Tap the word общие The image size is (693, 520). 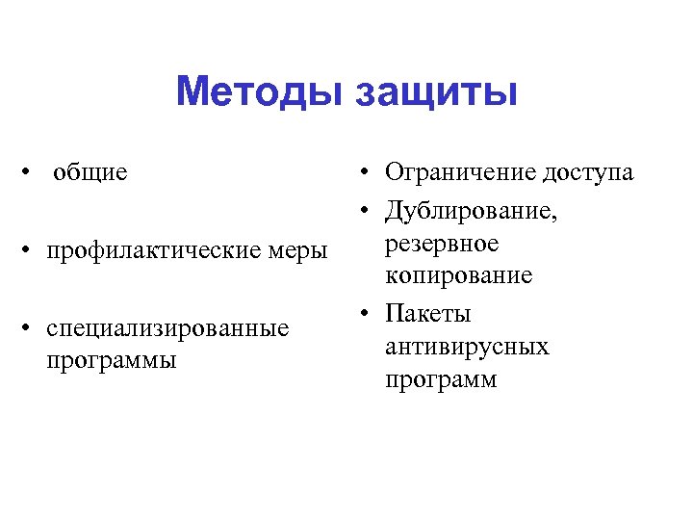(90, 173)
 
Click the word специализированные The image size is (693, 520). (167, 329)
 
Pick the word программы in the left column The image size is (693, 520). (111, 361)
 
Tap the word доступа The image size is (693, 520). (588, 173)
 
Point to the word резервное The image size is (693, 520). (442, 245)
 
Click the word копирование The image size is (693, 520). (458, 276)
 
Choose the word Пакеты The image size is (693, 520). (427, 314)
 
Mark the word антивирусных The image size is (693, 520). (467, 346)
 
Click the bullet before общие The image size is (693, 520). (33, 173)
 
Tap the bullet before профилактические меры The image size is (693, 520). (33, 252)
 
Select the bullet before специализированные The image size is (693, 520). (33, 329)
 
